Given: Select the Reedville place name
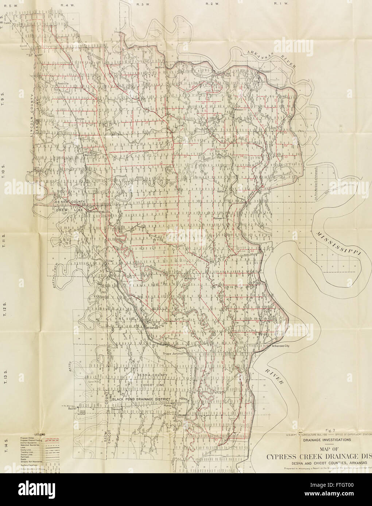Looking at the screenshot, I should coord(62,83).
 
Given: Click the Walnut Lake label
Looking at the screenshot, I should coord(92,155).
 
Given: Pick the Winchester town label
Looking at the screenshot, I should coord(97,211).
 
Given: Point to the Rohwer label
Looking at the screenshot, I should coord(218,218).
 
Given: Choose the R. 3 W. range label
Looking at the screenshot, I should coord(141,4).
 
